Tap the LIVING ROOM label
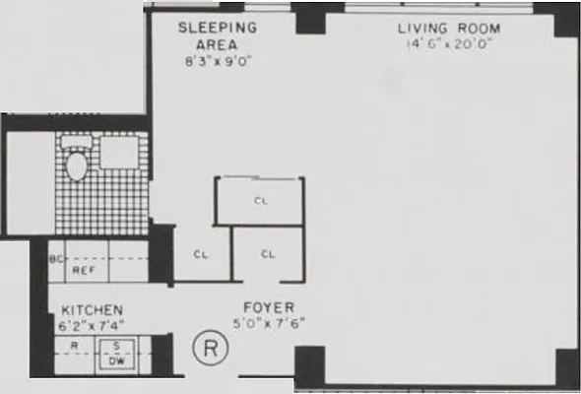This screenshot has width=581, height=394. click(x=449, y=28)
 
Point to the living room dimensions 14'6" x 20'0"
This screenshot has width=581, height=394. click(x=449, y=43)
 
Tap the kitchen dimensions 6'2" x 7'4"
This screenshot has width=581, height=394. click(x=92, y=323)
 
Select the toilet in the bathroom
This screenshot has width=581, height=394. click(x=77, y=163)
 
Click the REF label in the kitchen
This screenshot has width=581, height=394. click(x=83, y=269)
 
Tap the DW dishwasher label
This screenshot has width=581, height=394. click(x=114, y=361)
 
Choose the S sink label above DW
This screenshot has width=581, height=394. click(x=114, y=347)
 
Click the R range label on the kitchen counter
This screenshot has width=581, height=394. click(x=75, y=347)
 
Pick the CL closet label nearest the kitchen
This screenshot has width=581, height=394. click(x=201, y=254)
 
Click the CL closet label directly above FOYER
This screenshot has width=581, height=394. click(x=268, y=254)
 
